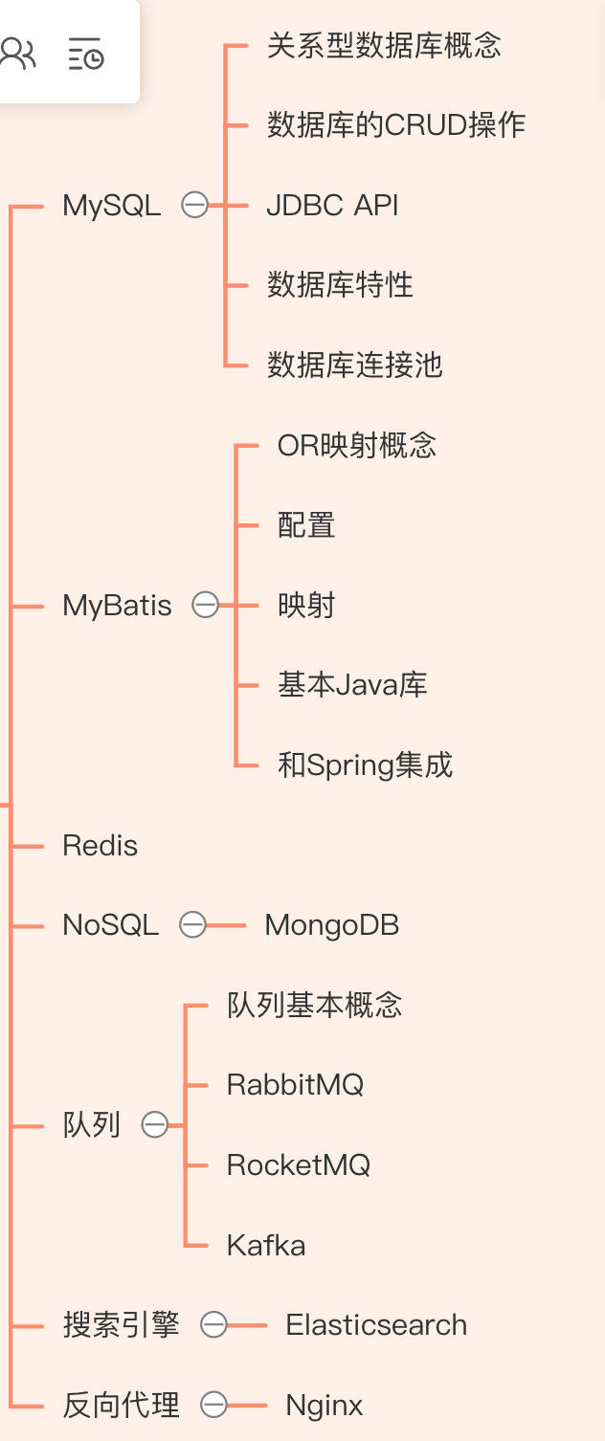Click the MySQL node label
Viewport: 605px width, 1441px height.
tap(111, 206)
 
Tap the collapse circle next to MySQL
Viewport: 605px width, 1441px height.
tap(195, 205)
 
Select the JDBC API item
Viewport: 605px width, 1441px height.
tap(332, 205)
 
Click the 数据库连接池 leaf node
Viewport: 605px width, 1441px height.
tap(354, 365)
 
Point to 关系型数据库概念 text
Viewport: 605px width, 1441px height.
tap(384, 46)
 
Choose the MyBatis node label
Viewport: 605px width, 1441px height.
tap(117, 606)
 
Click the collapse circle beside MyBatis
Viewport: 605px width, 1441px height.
tap(206, 605)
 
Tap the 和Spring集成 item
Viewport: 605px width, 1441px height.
tap(365, 765)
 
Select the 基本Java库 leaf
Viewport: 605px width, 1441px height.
tap(352, 684)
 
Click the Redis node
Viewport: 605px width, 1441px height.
tap(100, 845)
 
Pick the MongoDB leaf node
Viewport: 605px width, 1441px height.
tap(332, 925)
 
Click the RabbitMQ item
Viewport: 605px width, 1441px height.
tap(296, 1085)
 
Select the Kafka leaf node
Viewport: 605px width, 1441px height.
tap(266, 1245)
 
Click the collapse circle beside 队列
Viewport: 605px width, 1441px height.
tap(155, 1124)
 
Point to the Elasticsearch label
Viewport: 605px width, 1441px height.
tap(376, 1324)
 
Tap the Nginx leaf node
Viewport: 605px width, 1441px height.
tap(325, 1405)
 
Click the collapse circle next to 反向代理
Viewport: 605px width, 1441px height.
tap(213, 1405)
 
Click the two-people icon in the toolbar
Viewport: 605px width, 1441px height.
tap(18, 54)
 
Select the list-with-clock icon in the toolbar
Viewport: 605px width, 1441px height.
tap(86, 54)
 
